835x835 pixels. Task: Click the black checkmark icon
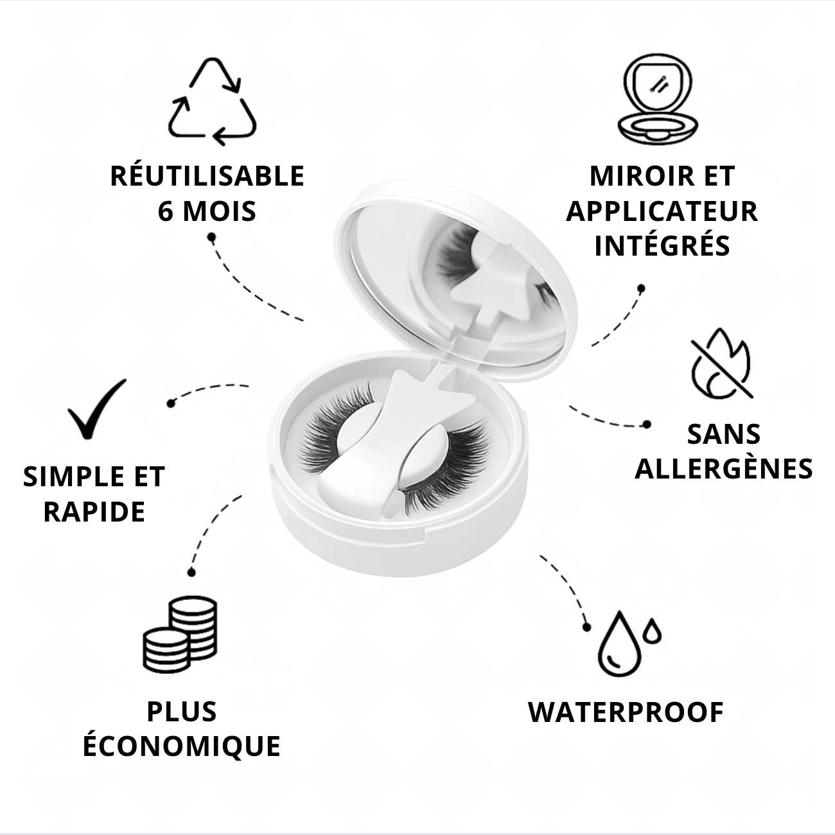coord(97,409)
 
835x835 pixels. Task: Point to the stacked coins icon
coord(180,635)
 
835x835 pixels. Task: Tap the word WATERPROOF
coord(626,712)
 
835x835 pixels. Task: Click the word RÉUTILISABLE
coord(207,177)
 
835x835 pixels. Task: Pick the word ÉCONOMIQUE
coord(182,746)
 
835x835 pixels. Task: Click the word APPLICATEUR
coord(662,211)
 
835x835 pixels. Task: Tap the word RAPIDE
coord(94,512)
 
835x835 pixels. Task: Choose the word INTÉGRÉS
coord(662,246)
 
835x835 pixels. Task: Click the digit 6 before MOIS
coord(166,211)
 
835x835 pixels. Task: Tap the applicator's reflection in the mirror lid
coord(488,283)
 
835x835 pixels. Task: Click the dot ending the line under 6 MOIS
coord(211,238)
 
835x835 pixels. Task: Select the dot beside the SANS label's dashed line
coord(647,424)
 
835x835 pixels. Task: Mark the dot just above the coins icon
coord(191,572)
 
